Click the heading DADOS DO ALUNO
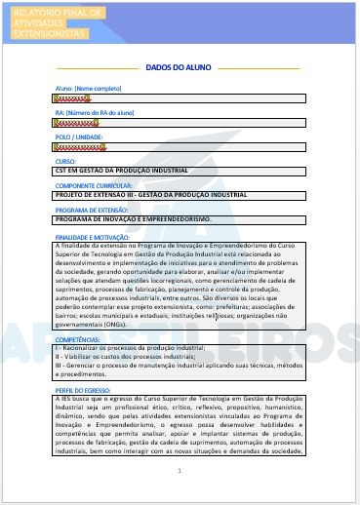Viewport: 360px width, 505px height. (x=180, y=68)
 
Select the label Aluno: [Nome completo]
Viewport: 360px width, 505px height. (x=81, y=89)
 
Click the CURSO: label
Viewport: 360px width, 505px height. (x=65, y=161)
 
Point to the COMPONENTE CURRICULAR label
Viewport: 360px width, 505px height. (x=96, y=184)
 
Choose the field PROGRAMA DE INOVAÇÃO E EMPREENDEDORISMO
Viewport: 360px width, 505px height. (x=134, y=219)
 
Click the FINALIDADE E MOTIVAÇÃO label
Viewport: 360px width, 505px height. (x=93, y=236)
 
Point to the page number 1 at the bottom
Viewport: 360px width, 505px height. (x=180, y=471)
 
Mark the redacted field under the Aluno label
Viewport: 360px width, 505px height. (x=74, y=98)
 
